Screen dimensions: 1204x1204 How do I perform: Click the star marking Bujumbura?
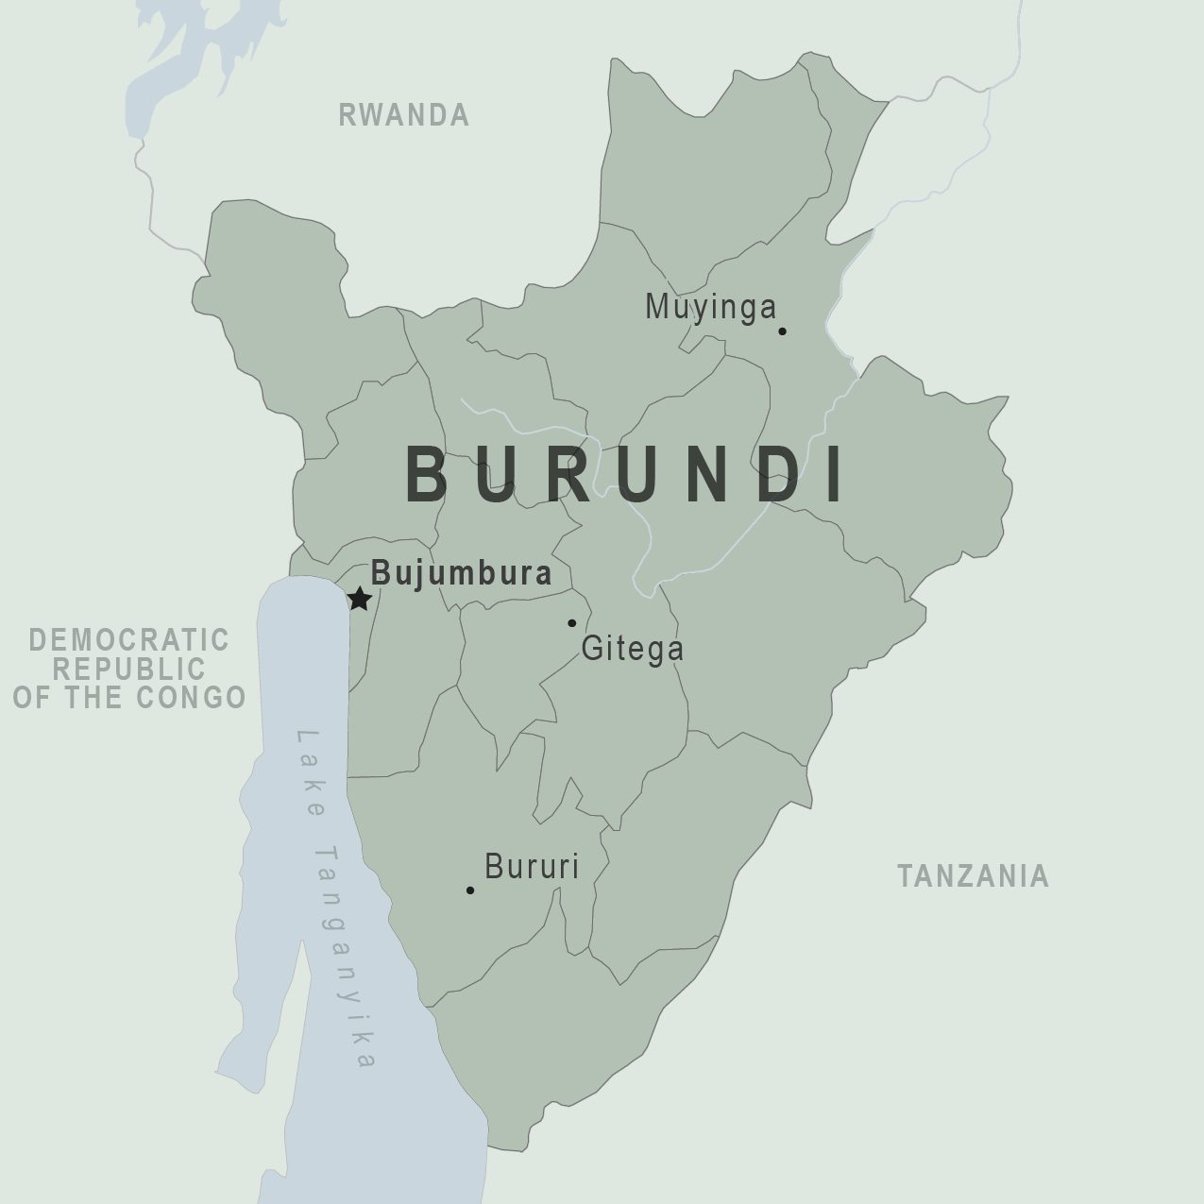tap(359, 599)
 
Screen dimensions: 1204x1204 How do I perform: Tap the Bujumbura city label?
tap(461, 573)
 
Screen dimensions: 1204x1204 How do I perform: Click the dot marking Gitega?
tap(571, 623)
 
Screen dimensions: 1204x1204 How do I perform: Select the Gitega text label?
tap(632, 649)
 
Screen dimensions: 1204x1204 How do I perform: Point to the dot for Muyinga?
tap(782, 331)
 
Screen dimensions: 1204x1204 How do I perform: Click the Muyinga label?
tap(710, 307)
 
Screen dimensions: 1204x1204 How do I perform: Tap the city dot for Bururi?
tap(470, 890)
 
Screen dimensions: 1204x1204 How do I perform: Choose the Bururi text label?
tap(531, 867)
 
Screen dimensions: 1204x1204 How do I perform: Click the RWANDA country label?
tap(403, 115)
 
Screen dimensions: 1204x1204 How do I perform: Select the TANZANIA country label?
tap(973, 876)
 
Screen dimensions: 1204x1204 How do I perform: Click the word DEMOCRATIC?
tap(128, 640)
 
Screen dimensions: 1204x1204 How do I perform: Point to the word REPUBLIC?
tap(128, 669)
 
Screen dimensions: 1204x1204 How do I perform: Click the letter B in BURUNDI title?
tap(426, 474)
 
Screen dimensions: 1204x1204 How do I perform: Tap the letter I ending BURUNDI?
tap(835, 474)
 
